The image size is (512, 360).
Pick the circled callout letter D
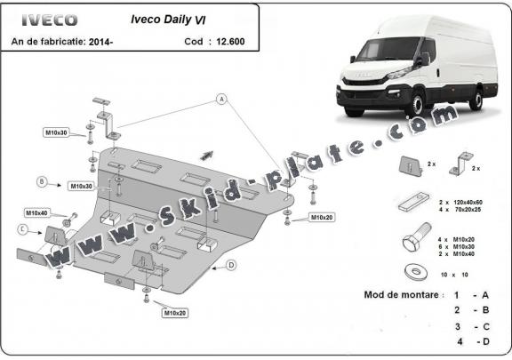(230, 265)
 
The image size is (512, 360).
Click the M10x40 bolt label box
(36, 213)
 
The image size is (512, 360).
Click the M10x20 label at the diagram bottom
(174, 313)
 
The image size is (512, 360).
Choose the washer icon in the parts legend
(414, 271)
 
